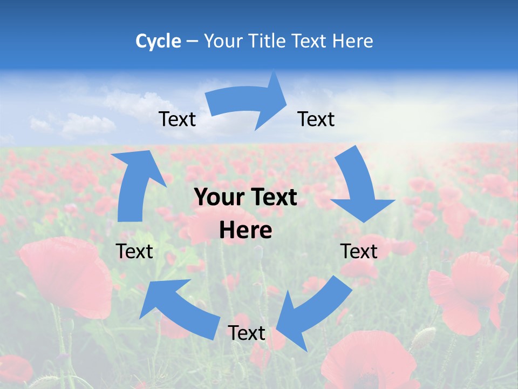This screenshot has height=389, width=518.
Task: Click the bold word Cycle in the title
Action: tap(158, 41)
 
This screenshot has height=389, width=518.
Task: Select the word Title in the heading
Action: tap(268, 41)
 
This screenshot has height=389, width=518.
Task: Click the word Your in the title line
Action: tap(223, 41)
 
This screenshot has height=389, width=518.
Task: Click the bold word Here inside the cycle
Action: tap(246, 231)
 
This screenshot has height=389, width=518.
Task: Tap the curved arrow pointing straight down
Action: tap(359, 184)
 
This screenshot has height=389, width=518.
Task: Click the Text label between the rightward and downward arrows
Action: tap(316, 119)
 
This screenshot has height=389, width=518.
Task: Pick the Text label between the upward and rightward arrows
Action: tap(177, 119)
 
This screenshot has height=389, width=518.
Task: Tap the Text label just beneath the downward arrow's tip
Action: tap(359, 251)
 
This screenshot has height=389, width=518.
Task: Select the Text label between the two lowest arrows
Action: tap(247, 333)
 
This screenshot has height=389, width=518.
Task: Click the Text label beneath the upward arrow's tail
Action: tap(134, 251)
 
